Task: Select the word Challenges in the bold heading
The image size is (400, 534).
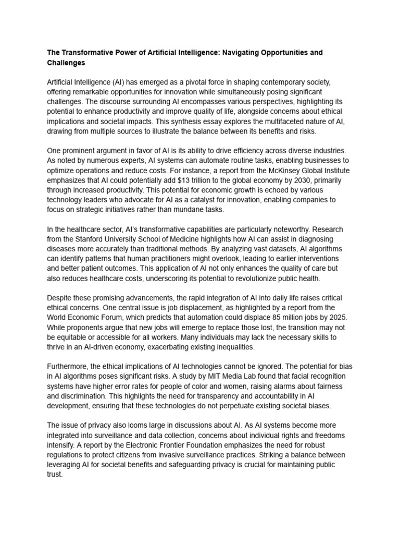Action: pyautogui.click(x=67, y=63)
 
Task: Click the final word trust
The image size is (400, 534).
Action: pyautogui.click(x=54, y=475)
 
